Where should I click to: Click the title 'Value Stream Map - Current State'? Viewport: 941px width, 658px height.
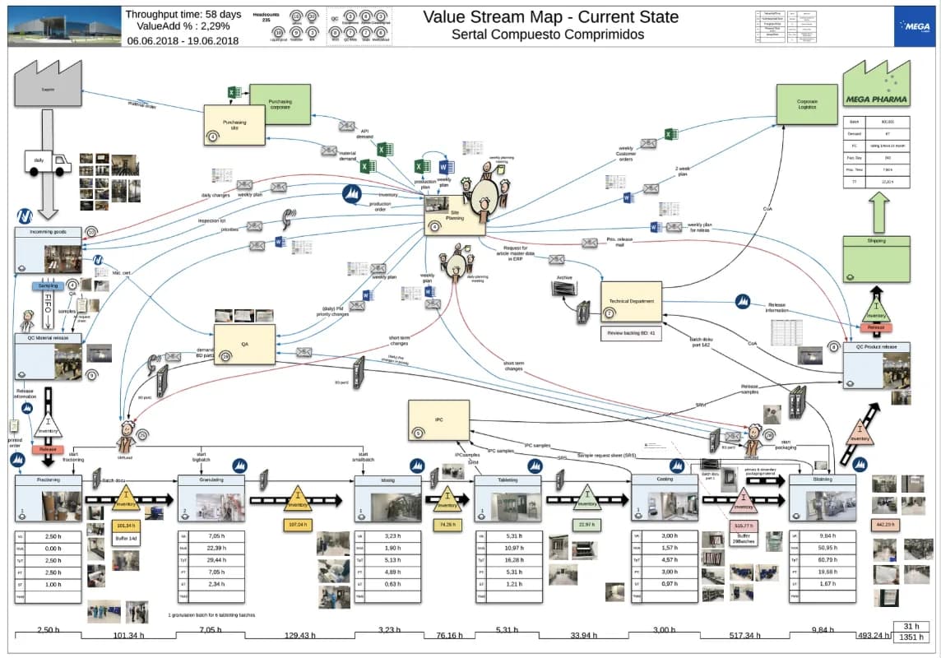point(550,16)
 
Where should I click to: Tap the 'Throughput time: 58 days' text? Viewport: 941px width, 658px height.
point(183,13)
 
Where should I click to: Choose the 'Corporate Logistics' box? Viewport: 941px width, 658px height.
point(807,105)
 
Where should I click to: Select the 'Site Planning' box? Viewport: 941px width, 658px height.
point(448,216)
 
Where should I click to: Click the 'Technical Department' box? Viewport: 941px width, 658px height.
point(632,301)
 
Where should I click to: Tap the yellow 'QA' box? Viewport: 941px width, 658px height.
point(244,345)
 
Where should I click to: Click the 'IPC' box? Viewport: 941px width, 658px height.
point(438,420)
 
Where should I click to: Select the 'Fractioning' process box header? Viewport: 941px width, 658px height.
point(48,480)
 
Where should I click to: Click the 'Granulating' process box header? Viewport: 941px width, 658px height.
point(211,480)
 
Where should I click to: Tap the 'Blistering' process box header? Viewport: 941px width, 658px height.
point(822,480)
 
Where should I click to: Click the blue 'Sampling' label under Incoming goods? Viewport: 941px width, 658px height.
point(49,286)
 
